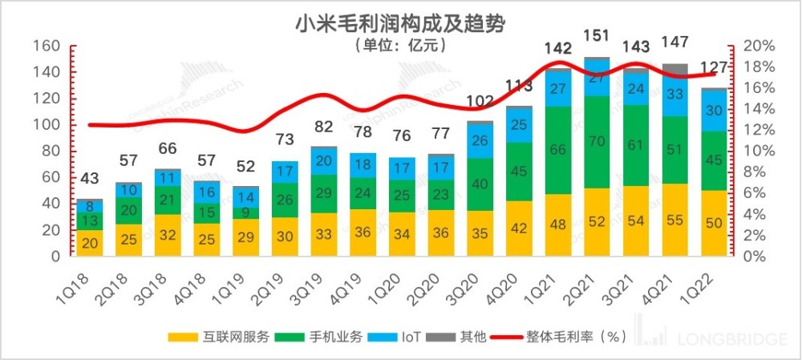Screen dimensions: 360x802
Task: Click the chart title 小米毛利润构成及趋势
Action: pyautogui.click(x=400, y=24)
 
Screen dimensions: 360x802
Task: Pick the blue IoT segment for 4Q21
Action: pyautogui.click(x=675, y=95)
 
